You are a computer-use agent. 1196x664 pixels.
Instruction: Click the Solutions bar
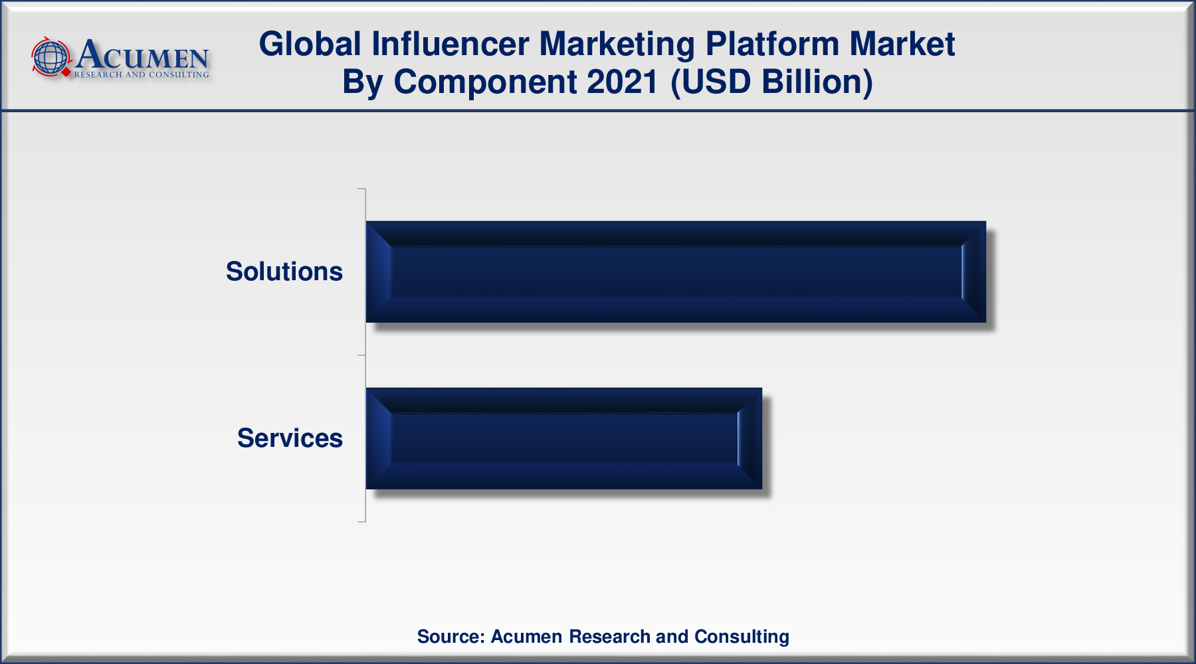676,272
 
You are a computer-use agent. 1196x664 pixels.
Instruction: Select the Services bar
564,438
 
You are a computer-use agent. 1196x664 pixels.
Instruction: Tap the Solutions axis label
284,272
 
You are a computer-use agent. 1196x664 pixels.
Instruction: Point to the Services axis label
290,438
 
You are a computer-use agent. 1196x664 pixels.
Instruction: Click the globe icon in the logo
51,56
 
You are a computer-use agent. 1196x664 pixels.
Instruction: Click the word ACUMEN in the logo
143,54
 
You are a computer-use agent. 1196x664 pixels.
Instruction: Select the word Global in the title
310,44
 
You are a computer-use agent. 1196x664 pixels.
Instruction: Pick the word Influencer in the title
450,44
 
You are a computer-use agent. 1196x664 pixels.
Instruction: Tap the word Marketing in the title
617,44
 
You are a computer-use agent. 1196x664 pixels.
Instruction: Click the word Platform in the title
772,44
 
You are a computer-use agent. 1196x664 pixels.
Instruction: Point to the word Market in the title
902,44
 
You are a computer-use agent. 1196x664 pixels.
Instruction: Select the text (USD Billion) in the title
771,82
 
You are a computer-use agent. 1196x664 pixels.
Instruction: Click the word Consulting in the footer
742,637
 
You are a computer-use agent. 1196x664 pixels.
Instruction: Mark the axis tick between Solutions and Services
362,355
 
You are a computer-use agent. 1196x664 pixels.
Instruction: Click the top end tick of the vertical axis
362,189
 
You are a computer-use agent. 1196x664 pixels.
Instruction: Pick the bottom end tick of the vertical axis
362,522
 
